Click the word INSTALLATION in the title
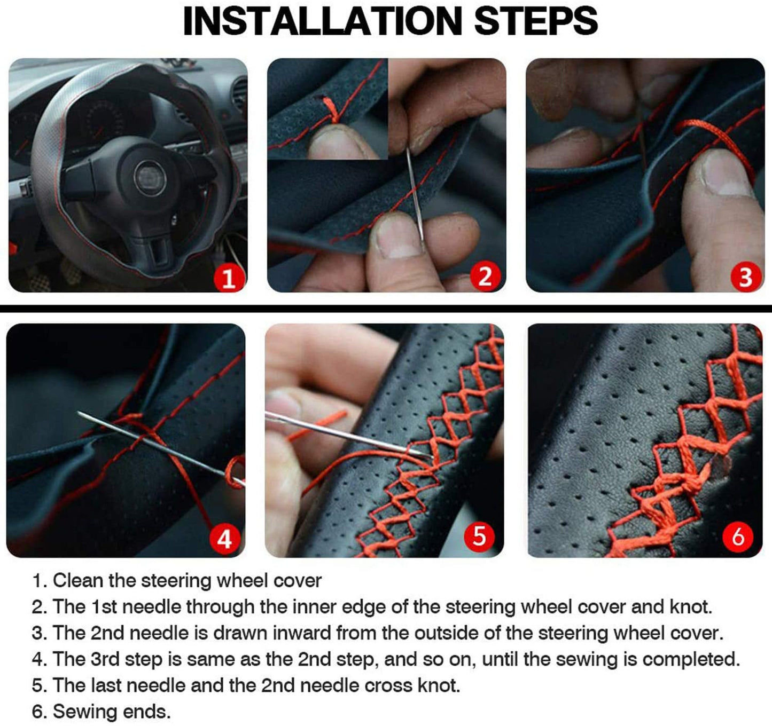point(322,21)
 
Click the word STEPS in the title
point(536,21)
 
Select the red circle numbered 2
point(485,277)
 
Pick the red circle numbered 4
point(224,539)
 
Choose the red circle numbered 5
point(479,536)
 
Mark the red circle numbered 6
point(738,536)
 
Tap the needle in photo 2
point(415,194)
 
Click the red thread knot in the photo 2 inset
point(332,111)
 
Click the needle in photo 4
point(161,448)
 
